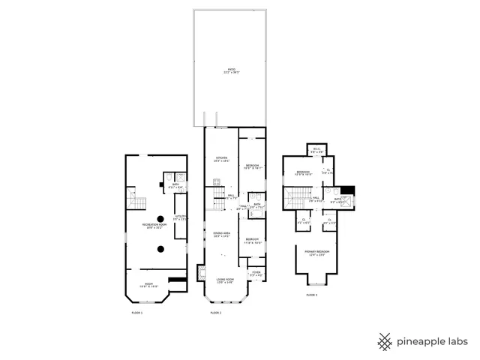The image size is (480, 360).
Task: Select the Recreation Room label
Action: pyautogui.click(x=154, y=226)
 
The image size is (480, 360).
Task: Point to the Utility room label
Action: pyautogui.click(x=181, y=217)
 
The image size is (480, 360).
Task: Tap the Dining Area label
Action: pyautogui.click(x=221, y=235)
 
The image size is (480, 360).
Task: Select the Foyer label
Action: pyautogui.click(x=256, y=273)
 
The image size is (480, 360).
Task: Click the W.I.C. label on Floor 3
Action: pyautogui.click(x=316, y=149)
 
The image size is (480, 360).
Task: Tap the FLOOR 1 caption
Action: pyautogui.click(x=136, y=312)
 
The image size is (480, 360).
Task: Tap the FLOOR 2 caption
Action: pyautogui.click(x=215, y=312)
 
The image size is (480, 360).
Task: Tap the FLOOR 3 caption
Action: pyautogui.click(x=311, y=295)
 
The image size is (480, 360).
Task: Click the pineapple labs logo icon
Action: pyautogui.click(x=385, y=341)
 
